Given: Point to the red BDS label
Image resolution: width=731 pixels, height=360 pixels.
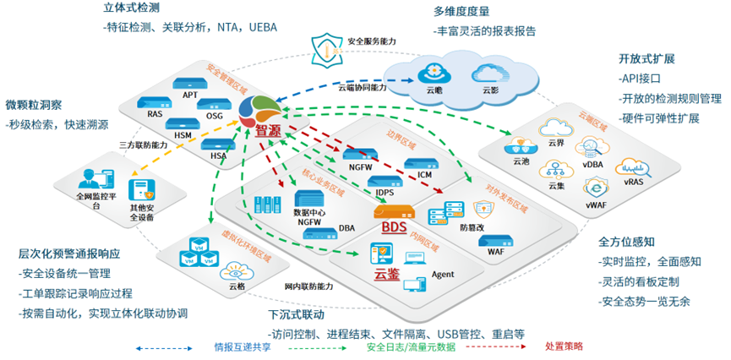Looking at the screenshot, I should point(393,228).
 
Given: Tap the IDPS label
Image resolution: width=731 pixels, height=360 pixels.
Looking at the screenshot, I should point(386,193).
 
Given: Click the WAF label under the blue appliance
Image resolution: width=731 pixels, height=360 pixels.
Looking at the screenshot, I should point(495,251).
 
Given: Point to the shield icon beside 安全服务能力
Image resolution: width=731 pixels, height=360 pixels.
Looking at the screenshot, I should point(325,47).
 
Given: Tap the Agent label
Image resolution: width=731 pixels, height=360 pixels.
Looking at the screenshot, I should point(443,275).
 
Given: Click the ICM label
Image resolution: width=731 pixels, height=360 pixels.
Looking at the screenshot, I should point(424,175).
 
